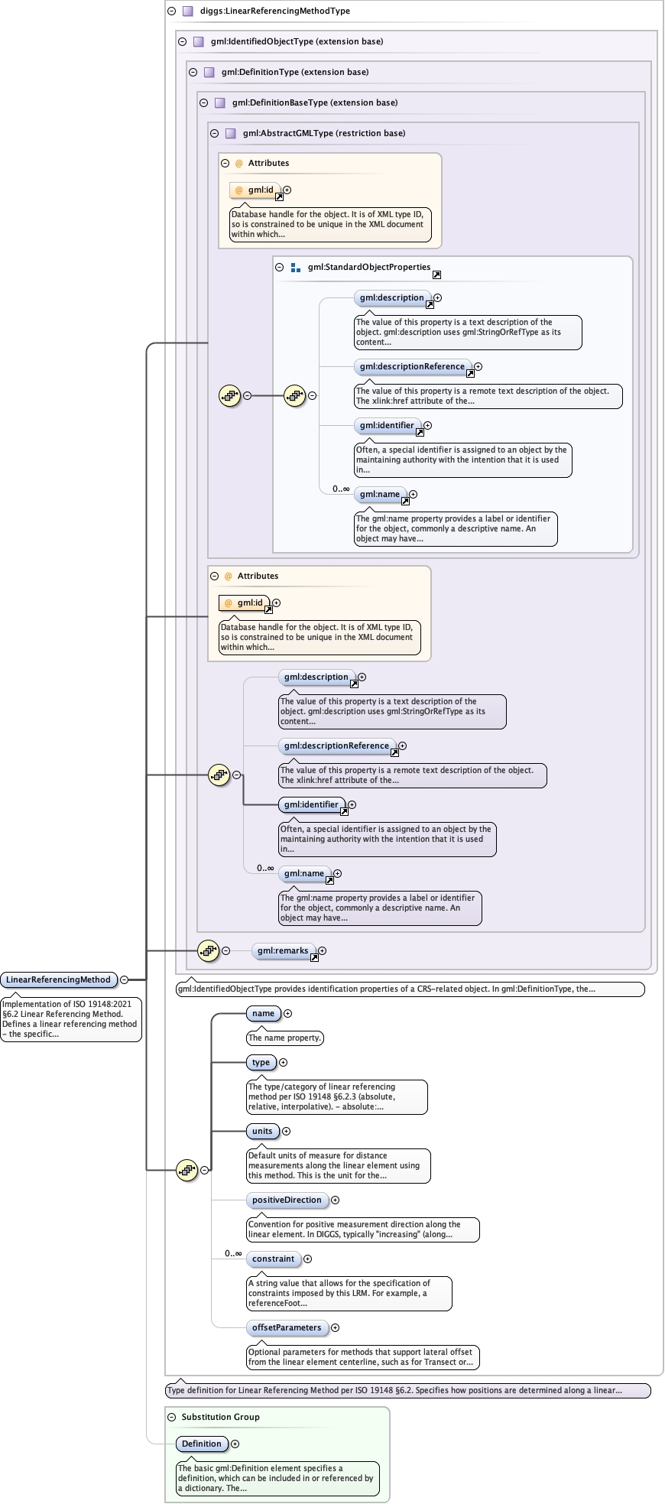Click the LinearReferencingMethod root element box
[59, 979]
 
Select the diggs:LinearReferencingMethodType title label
[264, 11]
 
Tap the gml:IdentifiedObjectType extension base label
[297, 41]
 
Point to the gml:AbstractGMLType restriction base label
[323, 133]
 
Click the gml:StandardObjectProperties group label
[368, 267]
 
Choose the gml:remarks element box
[282, 950]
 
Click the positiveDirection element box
[287, 1200]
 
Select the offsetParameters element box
[287, 1327]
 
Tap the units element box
[262, 1131]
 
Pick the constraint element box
[273, 1259]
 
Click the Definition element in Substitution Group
[202, 1444]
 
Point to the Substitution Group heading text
[220, 1417]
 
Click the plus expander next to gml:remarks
[323, 950]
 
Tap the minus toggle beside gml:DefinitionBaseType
[203, 102]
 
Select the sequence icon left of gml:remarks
[208, 950]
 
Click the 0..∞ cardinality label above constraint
[233, 1253]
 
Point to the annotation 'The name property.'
[284, 1038]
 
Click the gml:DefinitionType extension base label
[294, 72]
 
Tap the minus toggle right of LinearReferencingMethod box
[124, 979]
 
